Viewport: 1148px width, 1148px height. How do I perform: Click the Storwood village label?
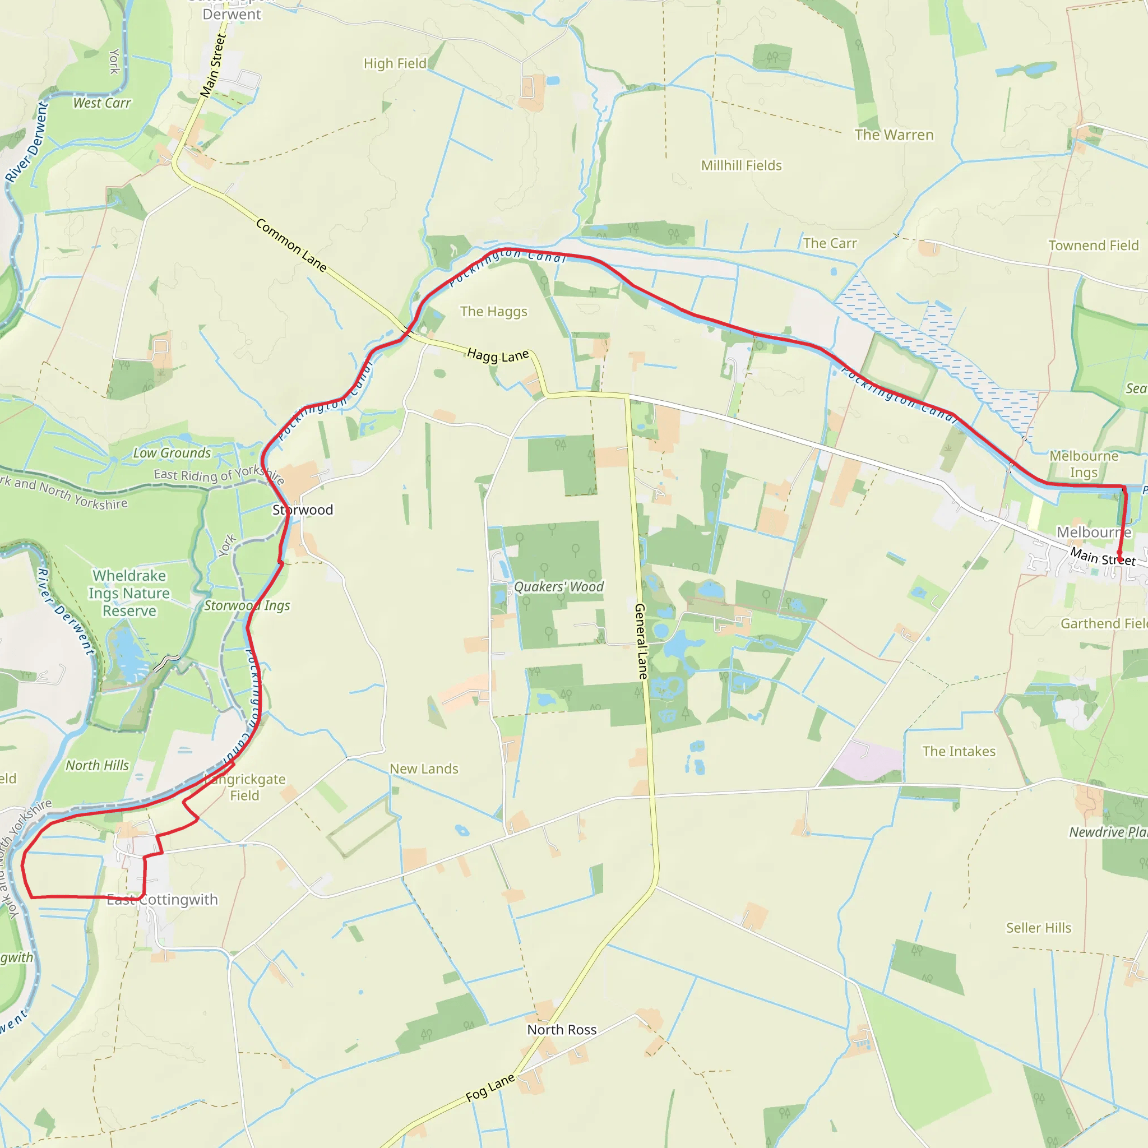pyautogui.click(x=303, y=510)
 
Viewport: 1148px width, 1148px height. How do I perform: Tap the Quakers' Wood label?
pyautogui.click(x=558, y=586)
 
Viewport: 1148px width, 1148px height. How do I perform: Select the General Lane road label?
pyautogui.click(x=641, y=641)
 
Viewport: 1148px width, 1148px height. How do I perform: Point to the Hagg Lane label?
pyautogui.click(x=497, y=355)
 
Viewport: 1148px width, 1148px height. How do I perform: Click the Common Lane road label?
pyautogui.click(x=291, y=245)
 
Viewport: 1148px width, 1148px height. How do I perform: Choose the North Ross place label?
pyautogui.click(x=562, y=1029)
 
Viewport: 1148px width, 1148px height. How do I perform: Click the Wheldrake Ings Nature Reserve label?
pyautogui.click(x=129, y=593)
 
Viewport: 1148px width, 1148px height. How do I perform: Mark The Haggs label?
pyautogui.click(x=493, y=311)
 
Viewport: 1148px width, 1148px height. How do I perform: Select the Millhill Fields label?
pyautogui.click(x=741, y=165)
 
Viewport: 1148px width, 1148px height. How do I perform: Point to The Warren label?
pyautogui.click(x=894, y=135)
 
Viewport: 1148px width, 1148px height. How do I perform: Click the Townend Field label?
pyautogui.click(x=1093, y=246)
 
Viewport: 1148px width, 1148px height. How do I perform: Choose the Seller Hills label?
pyautogui.click(x=1038, y=928)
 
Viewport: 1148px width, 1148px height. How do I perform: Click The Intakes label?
pyautogui.click(x=959, y=751)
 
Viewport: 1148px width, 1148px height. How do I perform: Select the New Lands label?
pyautogui.click(x=424, y=769)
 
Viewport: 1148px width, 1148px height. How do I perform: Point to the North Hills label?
pyautogui.click(x=97, y=765)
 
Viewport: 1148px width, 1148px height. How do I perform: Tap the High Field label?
pyautogui.click(x=395, y=63)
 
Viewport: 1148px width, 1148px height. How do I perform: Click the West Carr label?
pyautogui.click(x=101, y=103)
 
